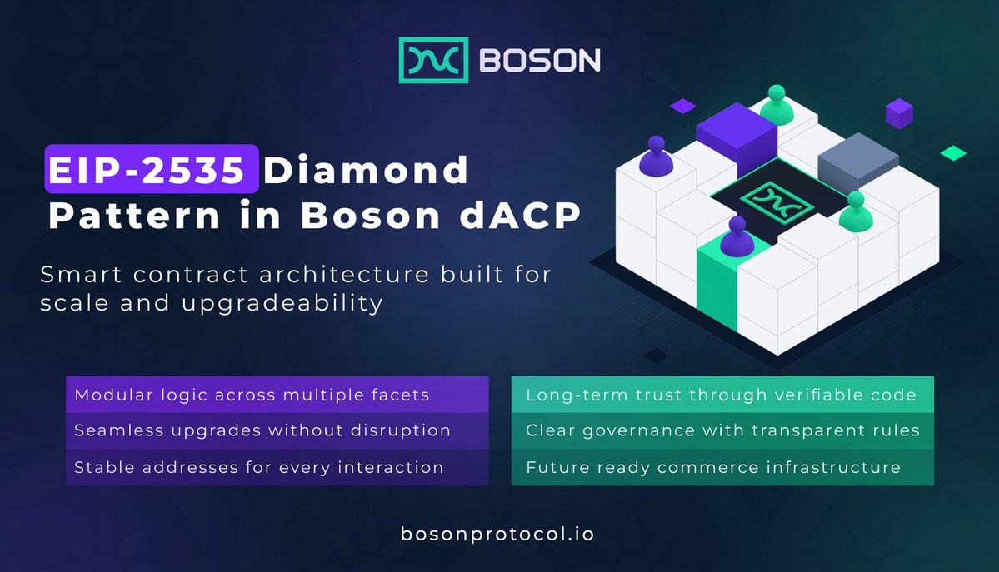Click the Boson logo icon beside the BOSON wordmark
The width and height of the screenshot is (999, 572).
click(433, 61)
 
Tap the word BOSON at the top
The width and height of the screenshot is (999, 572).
click(540, 61)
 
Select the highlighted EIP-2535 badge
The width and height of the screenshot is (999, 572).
click(152, 169)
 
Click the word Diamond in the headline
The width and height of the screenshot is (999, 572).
click(366, 170)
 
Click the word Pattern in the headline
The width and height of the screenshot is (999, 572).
click(134, 216)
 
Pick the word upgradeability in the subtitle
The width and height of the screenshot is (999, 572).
click(282, 303)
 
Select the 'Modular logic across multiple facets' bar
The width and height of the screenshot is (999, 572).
click(277, 395)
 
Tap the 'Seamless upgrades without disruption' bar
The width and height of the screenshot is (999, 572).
click(277, 430)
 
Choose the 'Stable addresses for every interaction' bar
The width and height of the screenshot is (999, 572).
click(277, 467)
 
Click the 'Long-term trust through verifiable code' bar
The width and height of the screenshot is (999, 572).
click(722, 395)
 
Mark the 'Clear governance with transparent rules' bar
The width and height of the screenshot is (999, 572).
click(722, 430)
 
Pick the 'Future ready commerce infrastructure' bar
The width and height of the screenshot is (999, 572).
click(722, 467)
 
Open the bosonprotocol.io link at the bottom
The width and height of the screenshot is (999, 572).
click(497, 534)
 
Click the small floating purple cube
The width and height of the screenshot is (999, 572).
click(899, 113)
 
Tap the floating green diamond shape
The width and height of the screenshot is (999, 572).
click(953, 153)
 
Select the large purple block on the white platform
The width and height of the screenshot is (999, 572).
click(737, 137)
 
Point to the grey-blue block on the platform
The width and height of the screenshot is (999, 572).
click(857, 161)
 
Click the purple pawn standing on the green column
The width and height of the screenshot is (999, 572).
click(737, 236)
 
